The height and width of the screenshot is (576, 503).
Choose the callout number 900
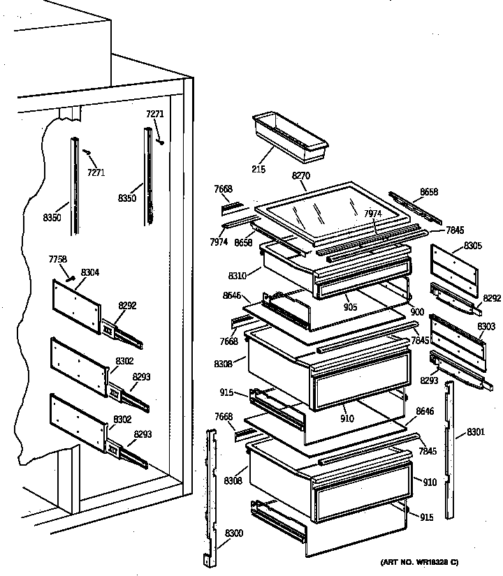coord(417,311)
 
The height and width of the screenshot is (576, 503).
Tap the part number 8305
coord(473,246)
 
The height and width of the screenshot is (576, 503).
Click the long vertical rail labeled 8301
coord(449,447)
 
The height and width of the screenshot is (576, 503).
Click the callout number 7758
coord(58,260)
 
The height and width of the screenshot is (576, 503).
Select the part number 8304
coord(90,272)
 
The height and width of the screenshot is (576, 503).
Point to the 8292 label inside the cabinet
coord(128,304)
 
